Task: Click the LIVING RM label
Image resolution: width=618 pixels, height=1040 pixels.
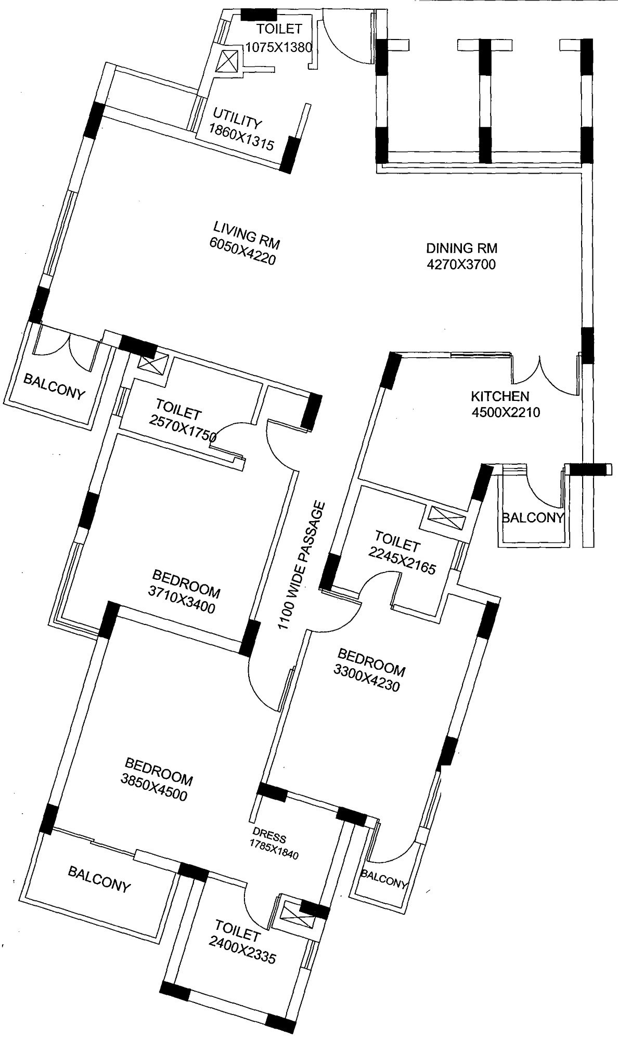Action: point(247,234)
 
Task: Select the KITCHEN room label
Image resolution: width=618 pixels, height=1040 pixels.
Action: point(500,396)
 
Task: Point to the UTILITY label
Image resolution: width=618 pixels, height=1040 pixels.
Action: point(237,119)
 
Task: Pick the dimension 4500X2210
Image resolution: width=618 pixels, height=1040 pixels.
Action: point(506,413)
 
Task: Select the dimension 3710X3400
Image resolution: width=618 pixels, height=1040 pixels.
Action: point(182,601)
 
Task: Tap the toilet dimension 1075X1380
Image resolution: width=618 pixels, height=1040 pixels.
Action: point(278,48)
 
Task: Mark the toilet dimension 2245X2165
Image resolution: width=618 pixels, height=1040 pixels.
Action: point(402,561)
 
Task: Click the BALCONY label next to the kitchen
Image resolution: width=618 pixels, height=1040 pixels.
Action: point(533,517)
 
